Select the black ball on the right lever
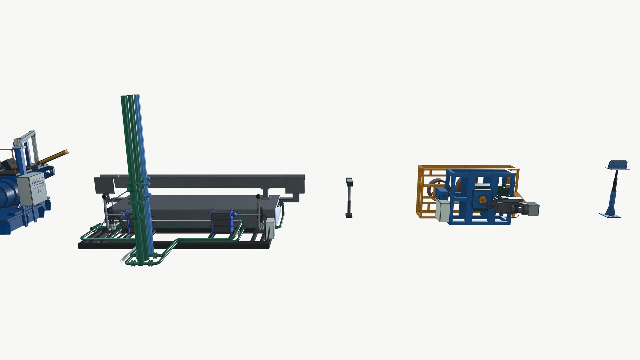(258, 197)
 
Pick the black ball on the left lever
(104, 197)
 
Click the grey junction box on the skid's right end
(270, 228)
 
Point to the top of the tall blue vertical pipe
(137, 97)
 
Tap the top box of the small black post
(349, 182)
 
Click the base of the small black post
(349, 216)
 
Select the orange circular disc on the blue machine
(482, 200)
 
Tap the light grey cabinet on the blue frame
(443, 211)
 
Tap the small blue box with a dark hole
(443, 194)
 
